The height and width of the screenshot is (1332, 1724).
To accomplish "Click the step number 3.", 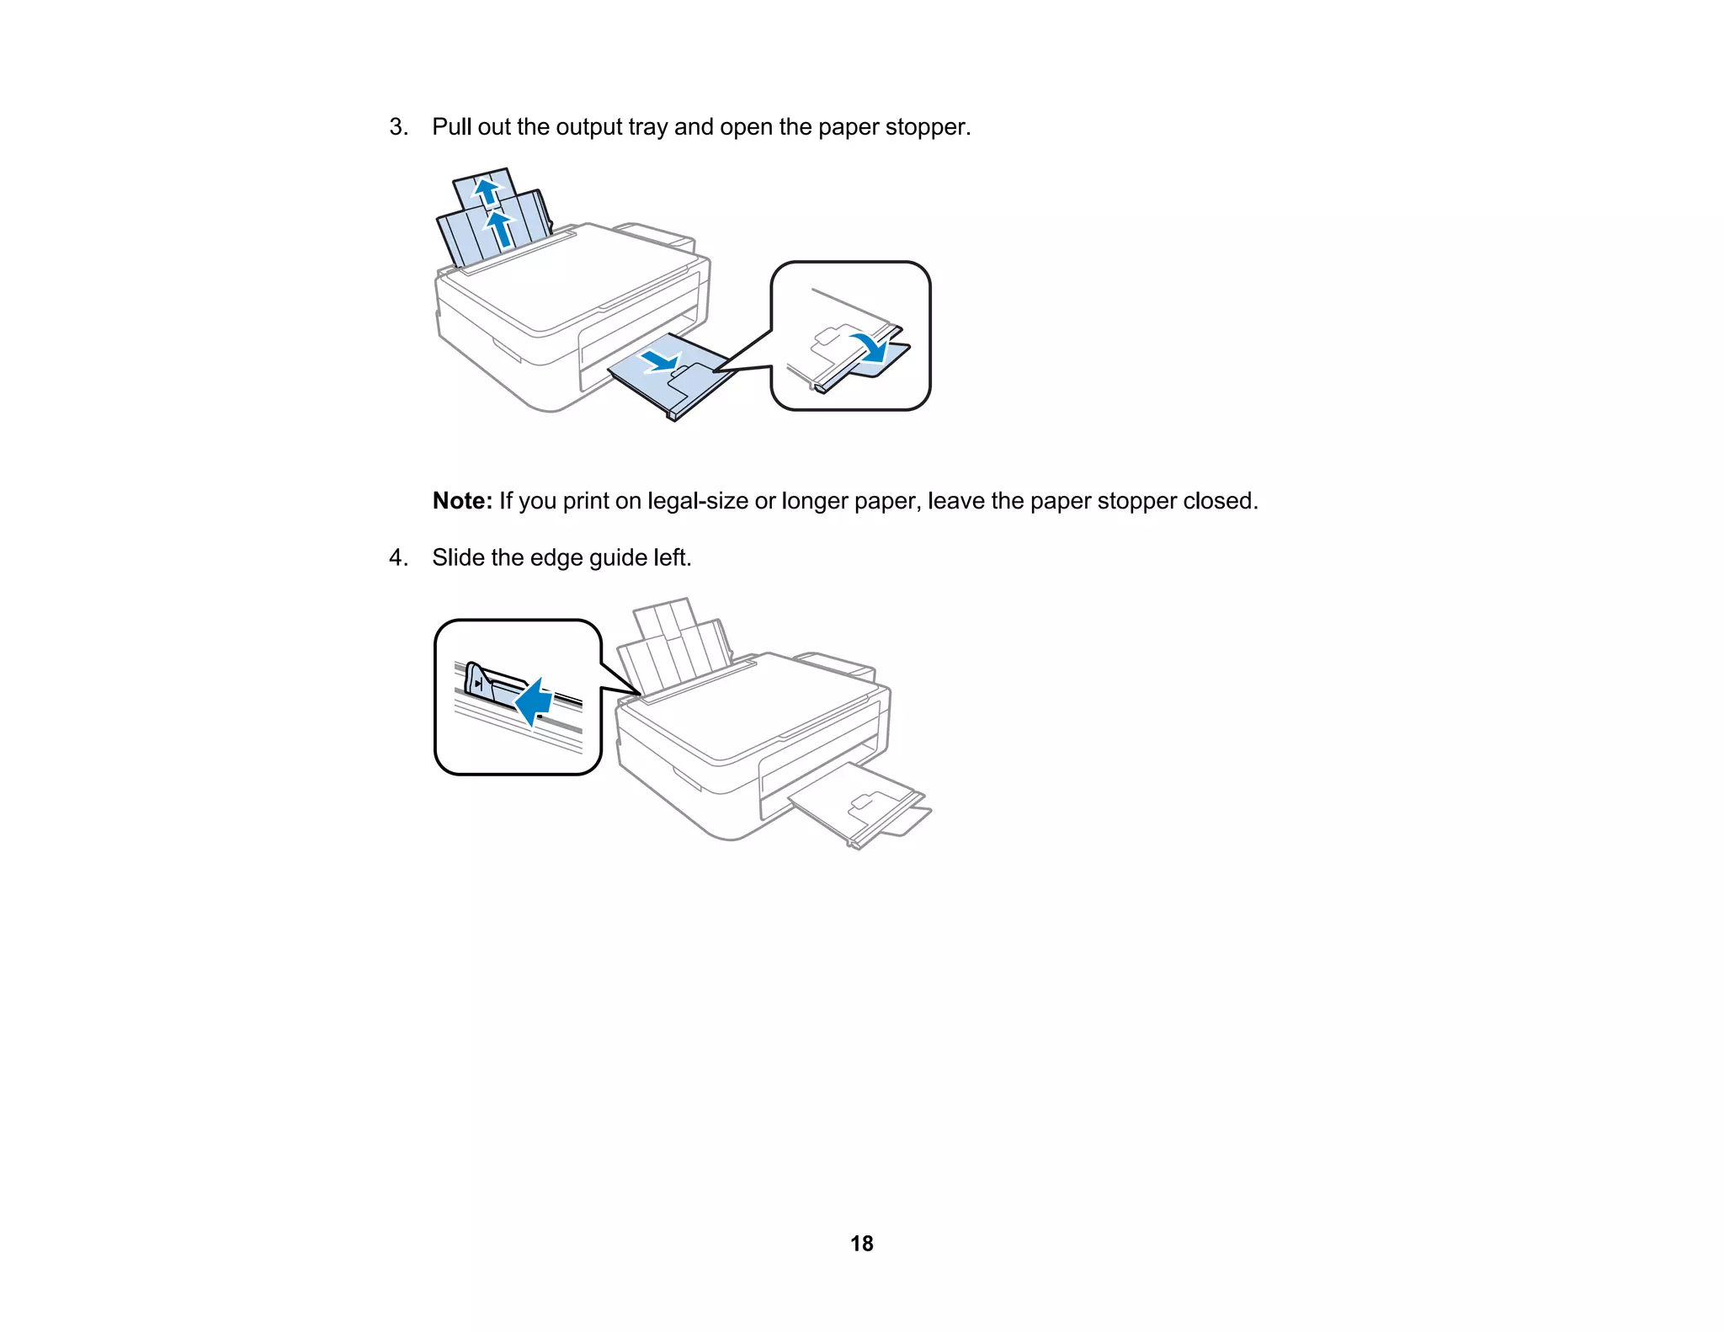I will click(x=397, y=127).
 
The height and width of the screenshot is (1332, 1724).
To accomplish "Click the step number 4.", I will click(x=397, y=558).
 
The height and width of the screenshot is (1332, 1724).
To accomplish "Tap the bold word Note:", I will click(x=462, y=501).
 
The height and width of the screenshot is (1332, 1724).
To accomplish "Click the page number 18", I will click(x=861, y=1244).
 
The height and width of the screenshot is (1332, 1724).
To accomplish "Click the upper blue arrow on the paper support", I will click(x=486, y=191).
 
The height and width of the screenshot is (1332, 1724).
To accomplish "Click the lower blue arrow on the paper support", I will click(x=500, y=229).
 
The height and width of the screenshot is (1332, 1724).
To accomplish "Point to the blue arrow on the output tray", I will click(x=661, y=362).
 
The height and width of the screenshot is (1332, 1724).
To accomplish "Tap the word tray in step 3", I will click(x=647, y=127).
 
